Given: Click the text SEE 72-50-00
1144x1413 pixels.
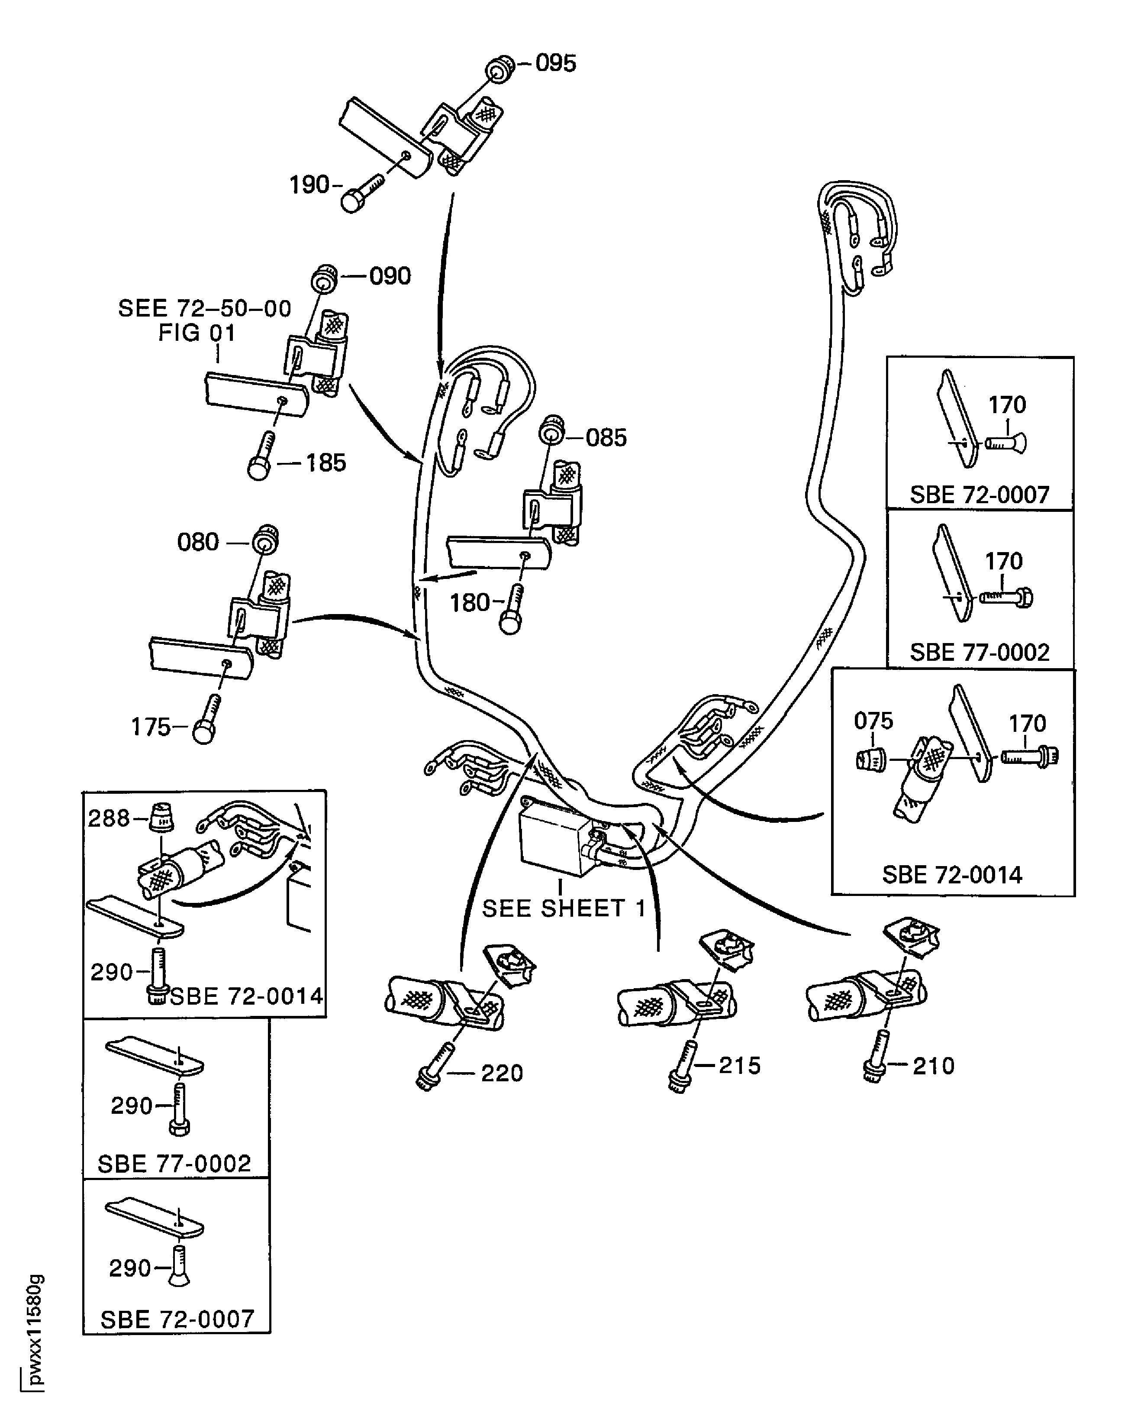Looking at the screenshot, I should [x=204, y=309].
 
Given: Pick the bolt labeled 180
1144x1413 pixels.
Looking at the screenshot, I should [x=512, y=610].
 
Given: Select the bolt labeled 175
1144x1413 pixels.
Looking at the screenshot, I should [x=207, y=720].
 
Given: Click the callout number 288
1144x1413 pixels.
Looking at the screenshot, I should [x=109, y=818].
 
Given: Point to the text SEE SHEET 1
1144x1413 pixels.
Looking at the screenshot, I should [x=564, y=909].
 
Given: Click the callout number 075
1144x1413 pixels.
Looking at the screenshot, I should [x=873, y=721].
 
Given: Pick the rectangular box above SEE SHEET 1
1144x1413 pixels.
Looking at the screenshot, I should [x=554, y=837].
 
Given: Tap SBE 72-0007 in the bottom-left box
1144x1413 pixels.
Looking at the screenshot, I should [x=177, y=1319].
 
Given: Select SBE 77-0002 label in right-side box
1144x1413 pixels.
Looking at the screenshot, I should [x=979, y=652].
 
